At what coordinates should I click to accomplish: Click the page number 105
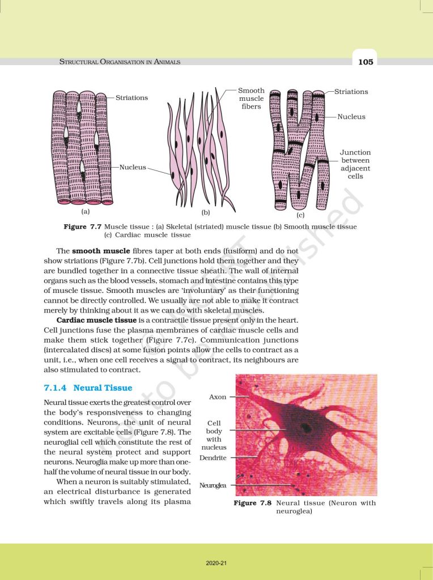click(366, 62)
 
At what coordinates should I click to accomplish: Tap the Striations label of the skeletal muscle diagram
click(131, 97)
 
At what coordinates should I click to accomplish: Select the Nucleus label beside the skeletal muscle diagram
click(133, 168)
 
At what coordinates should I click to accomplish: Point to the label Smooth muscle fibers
click(251, 99)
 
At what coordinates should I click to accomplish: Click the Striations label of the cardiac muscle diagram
click(351, 92)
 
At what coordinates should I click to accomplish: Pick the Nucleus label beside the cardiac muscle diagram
click(351, 117)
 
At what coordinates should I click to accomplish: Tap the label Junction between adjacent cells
click(355, 164)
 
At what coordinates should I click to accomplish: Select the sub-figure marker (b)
click(206, 213)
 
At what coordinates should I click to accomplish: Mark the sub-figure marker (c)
click(300, 215)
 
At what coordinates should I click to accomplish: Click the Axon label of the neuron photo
click(218, 397)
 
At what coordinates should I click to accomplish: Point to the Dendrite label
click(213, 457)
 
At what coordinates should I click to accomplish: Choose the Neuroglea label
click(213, 485)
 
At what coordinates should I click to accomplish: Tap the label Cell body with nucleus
click(214, 435)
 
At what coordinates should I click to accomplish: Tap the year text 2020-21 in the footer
click(216, 563)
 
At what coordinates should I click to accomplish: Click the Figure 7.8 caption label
click(253, 503)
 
